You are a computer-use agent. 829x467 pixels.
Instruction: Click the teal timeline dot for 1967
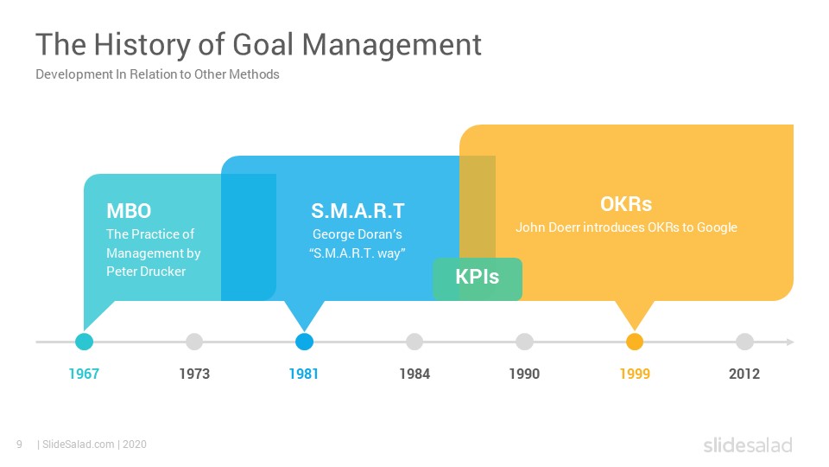tap(84, 342)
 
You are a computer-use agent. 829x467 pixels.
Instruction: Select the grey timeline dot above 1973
tap(194, 342)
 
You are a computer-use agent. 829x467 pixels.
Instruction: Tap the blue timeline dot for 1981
tap(304, 342)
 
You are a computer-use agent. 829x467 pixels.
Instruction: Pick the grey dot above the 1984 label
tap(414, 342)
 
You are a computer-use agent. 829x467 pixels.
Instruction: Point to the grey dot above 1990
tap(524, 342)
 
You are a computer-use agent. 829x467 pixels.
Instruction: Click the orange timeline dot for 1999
tap(635, 342)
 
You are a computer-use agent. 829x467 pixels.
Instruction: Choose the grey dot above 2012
tap(744, 342)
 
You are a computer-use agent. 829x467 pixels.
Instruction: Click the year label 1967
tap(84, 374)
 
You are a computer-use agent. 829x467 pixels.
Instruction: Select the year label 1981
tap(304, 374)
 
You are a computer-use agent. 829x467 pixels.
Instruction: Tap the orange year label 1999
tap(635, 374)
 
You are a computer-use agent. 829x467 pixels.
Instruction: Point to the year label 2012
tap(744, 374)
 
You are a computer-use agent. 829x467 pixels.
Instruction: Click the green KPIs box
tap(478, 279)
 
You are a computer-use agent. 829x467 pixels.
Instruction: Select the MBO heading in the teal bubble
tap(129, 211)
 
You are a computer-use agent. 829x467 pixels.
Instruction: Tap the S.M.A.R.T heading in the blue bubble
tap(358, 211)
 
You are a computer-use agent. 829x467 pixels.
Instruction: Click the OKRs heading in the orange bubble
tap(626, 204)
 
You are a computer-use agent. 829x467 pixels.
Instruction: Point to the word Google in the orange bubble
tap(717, 227)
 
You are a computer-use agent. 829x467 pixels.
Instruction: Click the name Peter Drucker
tap(146, 271)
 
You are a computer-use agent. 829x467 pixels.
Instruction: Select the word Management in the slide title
tap(392, 44)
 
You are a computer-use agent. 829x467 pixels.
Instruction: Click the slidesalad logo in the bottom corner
tap(748, 445)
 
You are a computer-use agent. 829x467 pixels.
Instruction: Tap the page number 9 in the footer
tap(20, 445)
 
